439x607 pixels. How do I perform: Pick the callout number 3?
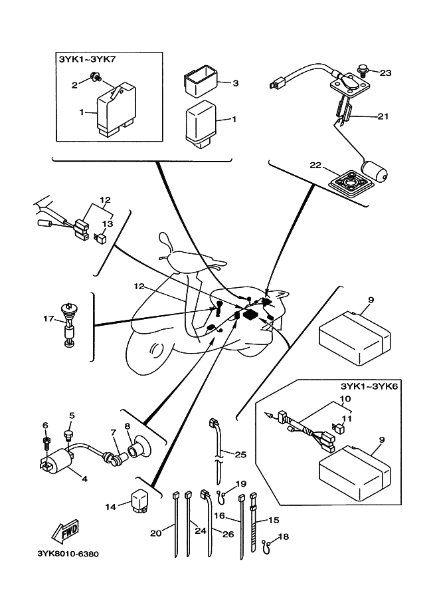click(x=234, y=83)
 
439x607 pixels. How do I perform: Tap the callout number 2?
click(x=76, y=84)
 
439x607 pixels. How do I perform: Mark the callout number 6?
click(x=45, y=425)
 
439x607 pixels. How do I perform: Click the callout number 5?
click(x=71, y=416)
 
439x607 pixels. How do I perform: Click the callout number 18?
click(x=284, y=536)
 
